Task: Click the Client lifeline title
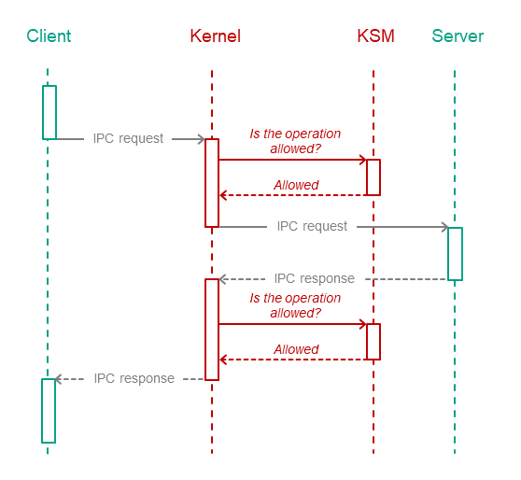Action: coord(49,35)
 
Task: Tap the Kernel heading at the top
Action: coord(216,35)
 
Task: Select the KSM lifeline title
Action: coord(375,35)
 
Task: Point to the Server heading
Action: coord(458,35)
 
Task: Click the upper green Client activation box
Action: coord(43,112)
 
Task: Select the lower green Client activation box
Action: coord(42,411)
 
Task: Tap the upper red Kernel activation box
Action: coord(205,183)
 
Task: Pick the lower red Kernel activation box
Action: coord(205,330)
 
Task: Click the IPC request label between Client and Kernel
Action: coord(128,138)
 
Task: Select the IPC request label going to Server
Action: coord(312,226)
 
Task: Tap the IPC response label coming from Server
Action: coord(315,278)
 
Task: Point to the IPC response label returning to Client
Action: coord(134,378)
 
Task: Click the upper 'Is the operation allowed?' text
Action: coord(295,141)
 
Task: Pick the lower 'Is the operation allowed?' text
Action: coord(295,305)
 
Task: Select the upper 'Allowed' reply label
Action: coord(296,185)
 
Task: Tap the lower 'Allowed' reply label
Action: coord(296,349)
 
